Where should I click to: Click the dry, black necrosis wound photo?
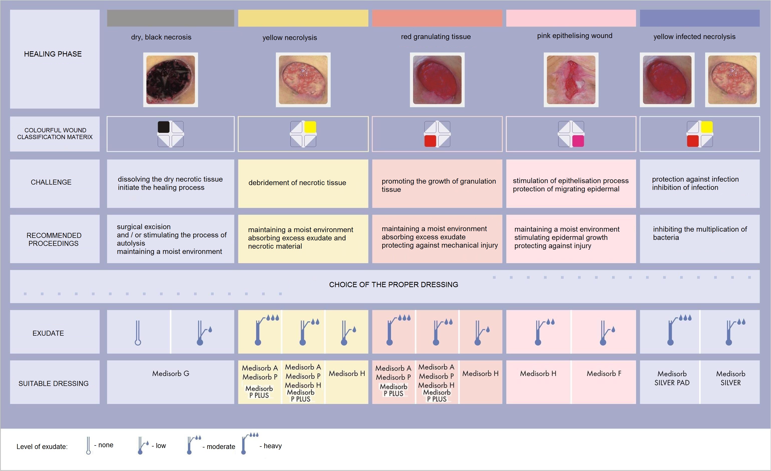click(170, 80)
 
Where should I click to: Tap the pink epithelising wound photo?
click(571, 80)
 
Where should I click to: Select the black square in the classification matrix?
click(164, 127)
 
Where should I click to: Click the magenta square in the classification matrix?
click(578, 141)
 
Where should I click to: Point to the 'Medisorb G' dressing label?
click(170, 373)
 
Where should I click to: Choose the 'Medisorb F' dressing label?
click(604, 373)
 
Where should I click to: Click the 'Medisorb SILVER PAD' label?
click(672, 378)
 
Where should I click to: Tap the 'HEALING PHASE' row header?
click(53, 54)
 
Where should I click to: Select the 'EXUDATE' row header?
click(48, 333)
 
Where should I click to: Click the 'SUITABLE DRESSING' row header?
click(54, 383)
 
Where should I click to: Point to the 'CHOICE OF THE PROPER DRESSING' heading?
click(393, 285)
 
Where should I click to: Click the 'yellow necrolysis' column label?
click(289, 38)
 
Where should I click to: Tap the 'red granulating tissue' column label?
click(436, 37)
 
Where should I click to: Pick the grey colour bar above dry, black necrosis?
click(170, 18)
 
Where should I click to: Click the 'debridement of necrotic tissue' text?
click(297, 183)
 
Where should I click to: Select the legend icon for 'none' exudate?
click(89, 445)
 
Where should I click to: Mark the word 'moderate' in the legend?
click(221, 446)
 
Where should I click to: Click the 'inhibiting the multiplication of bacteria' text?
click(700, 233)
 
